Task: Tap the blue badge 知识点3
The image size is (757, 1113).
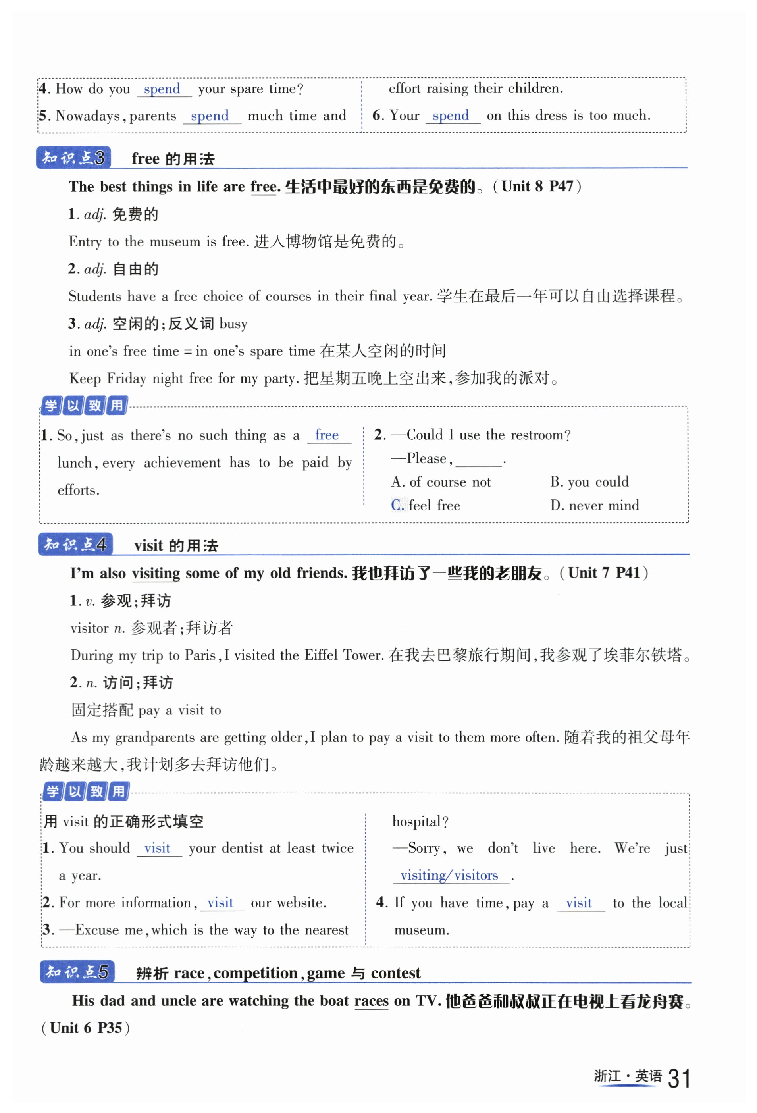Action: pyautogui.click(x=73, y=158)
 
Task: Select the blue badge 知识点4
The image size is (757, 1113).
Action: pyautogui.click(x=75, y=545)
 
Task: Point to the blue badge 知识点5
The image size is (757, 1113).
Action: pyautogui.click(x=77, y=972)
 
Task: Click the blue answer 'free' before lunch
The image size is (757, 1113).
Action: pyautogui.click(x=327, y=435)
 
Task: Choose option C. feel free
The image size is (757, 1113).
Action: pyautogui.click(x=425, y=505)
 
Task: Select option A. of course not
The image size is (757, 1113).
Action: pyautogui.click(x=441, y=482)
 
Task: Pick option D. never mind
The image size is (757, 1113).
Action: pyautogui.click(x=594, y=505)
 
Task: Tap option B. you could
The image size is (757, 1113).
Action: pyautogui.click(x=589, y=482)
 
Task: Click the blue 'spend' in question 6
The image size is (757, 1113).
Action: pyautogui.click(x=451, y=116)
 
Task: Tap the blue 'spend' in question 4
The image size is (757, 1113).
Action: pyautogui.click(x=162, y=89)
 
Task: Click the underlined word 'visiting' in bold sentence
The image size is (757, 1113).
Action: pyautogui.click(x=156, y=573)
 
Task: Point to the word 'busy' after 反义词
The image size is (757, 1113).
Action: pyautogui.click(x=233, y=324)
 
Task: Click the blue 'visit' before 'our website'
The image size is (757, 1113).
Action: pyautogui.click(x=220, y=903)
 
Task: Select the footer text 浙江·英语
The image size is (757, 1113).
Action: pyautogui.click(x=627, y=1076)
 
